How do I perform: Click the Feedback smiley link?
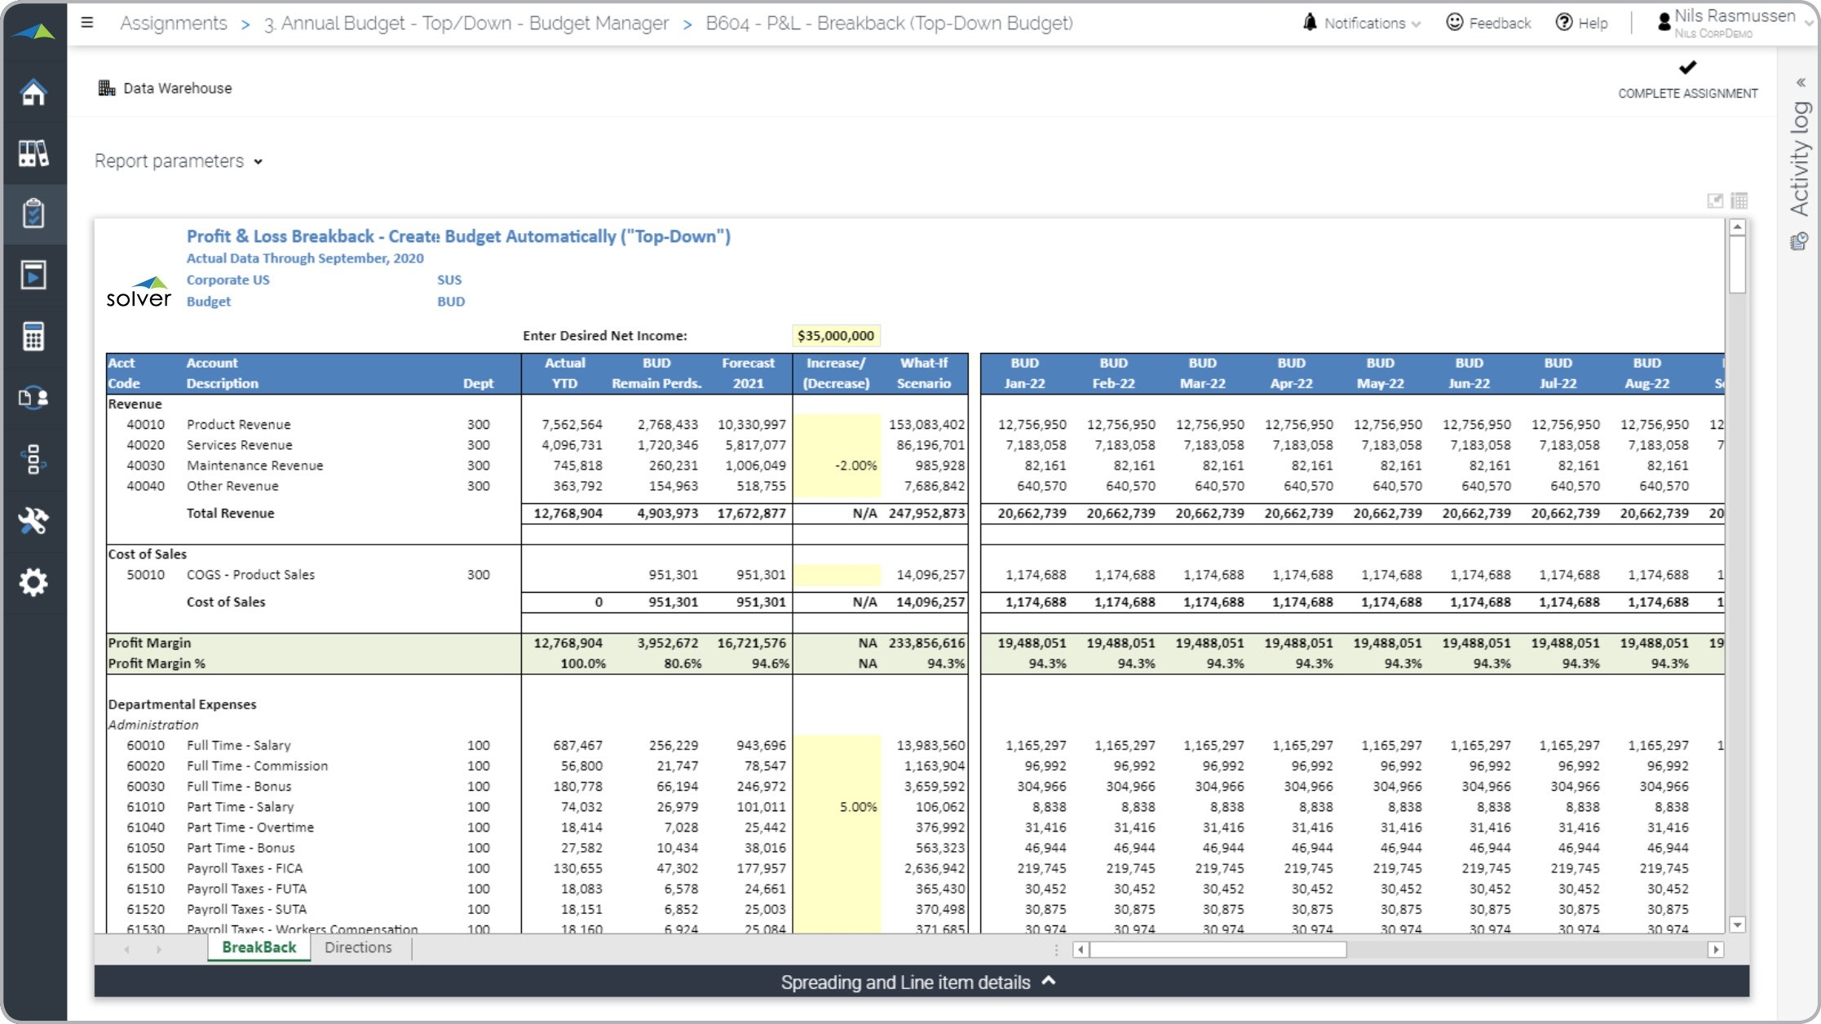(x=1488, y=23)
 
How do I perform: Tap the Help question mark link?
(x=1581, y=23)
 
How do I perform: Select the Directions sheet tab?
(x=358, y=947)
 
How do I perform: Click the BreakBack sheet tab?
(x=259, y=947)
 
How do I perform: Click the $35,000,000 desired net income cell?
(x=835, y=336)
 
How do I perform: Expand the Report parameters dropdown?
(x=179, y=161)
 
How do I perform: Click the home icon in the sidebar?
(x=33, y=92)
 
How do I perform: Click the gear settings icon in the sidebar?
(x=33, y=582)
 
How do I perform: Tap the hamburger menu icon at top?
(x=87, y=23)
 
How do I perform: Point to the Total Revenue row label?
(x=230, y=514)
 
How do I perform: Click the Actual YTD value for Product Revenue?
(x=572, y=425)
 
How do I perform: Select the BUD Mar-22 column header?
(x=1202, y=373)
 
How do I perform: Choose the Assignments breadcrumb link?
(x=174, y=23)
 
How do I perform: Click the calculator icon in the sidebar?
(x=33, y=336)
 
